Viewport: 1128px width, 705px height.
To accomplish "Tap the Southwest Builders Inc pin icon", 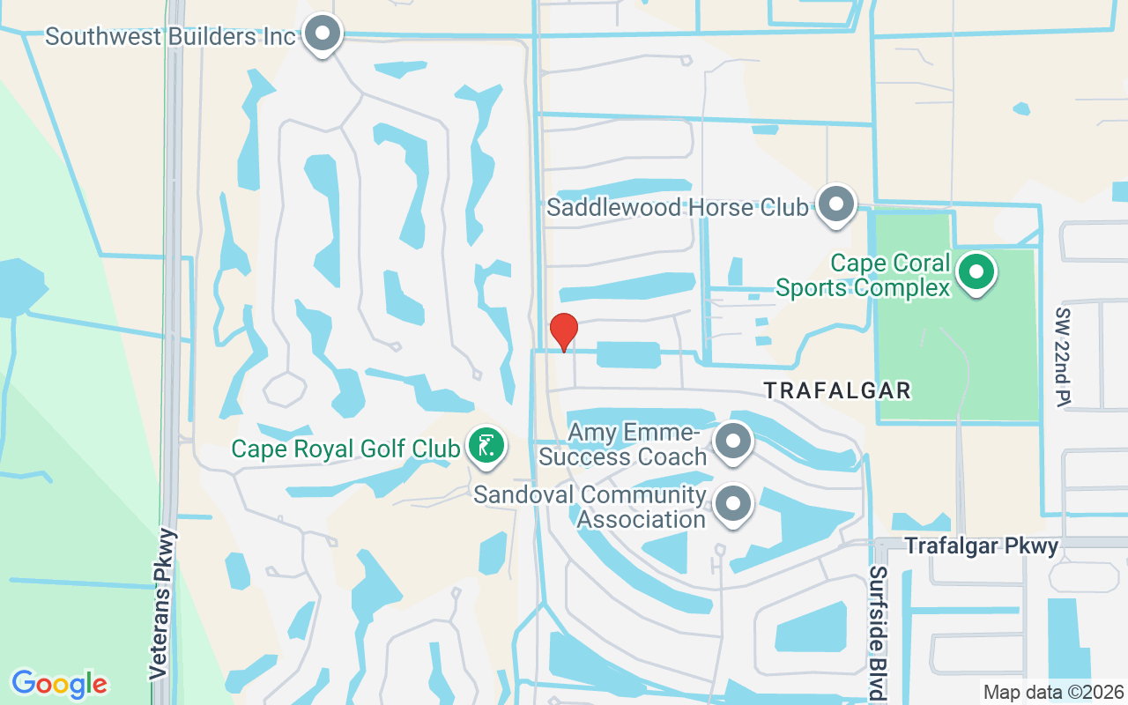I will click(323, 34).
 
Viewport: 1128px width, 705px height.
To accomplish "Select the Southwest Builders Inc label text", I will click(170, 37).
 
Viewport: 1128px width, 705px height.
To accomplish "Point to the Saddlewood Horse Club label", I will click(677, 208).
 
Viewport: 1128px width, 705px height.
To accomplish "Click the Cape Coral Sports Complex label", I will click(864, 276).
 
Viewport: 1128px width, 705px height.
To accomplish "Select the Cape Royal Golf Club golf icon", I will click(485, 446).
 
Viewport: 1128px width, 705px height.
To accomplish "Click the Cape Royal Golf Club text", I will click(345, 449).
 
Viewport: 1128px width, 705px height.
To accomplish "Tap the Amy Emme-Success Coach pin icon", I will click(732, 442).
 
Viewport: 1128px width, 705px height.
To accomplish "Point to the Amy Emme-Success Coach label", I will click(623, 445).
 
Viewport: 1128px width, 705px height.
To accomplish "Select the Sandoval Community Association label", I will click(590, 507).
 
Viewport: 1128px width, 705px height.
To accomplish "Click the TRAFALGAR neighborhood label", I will click(836, 390).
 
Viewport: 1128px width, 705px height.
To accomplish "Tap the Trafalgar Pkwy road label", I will click(982, 546).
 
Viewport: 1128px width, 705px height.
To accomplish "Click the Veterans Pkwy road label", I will click(160, 604).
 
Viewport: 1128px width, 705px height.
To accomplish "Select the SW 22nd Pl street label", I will click(1063, 356).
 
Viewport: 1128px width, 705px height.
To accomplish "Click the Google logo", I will click(59, 684).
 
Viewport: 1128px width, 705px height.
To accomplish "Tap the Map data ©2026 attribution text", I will click(1054, 692).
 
